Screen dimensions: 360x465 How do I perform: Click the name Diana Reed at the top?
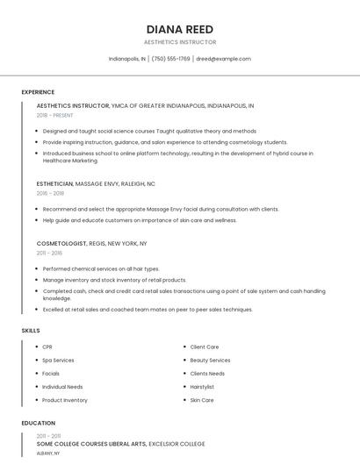(180, 29)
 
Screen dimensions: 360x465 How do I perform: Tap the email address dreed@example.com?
(223, 59)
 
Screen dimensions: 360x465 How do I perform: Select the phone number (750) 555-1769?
(170, 59)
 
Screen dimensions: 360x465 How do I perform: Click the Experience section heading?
(38, 92)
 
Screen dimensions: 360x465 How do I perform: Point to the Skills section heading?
(31, 331)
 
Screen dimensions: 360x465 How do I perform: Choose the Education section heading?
(38, 424)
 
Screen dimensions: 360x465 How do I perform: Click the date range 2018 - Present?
(54, 115)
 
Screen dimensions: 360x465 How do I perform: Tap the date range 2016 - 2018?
(50, 193)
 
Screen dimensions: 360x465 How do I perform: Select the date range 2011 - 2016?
(49, 253)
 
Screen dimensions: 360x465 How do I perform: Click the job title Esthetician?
(54, 184)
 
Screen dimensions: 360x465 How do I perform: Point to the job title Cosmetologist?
(61, 243)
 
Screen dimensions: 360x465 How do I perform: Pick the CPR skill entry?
(47, 347)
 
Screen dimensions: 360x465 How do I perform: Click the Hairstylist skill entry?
(202, 387)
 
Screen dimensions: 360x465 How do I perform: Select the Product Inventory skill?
(65, 400)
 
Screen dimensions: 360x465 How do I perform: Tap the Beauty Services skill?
(210, 361)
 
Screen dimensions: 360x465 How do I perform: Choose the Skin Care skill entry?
(202, 400)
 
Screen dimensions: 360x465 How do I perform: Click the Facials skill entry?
(51, 374)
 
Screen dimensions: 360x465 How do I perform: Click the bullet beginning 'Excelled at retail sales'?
(148, 310)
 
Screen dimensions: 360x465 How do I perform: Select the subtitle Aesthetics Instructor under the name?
(180, 42)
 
